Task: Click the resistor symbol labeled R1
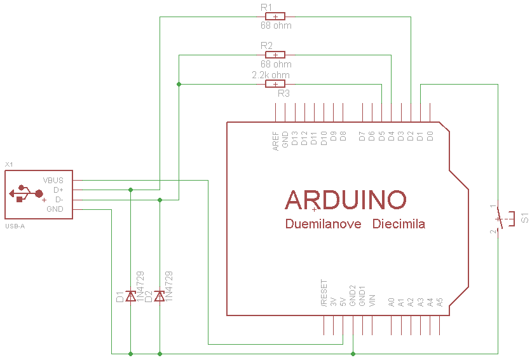click(275, 17)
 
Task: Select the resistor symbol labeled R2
click(275, 55)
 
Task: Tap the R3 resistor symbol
click(275, 84)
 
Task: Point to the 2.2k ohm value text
click(271, 75)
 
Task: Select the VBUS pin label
click(53, 180)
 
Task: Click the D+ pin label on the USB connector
click(58, 190)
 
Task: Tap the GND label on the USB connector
click(55, 209)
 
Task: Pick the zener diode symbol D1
click(130, 296)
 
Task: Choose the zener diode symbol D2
click(160, 296)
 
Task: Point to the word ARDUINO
click(346, 200)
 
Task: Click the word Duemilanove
click(324, 225)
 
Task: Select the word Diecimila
click(399, 225)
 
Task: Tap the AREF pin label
click(276, 141)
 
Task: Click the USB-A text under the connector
click(15, 226)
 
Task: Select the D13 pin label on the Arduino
click(295, 139)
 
